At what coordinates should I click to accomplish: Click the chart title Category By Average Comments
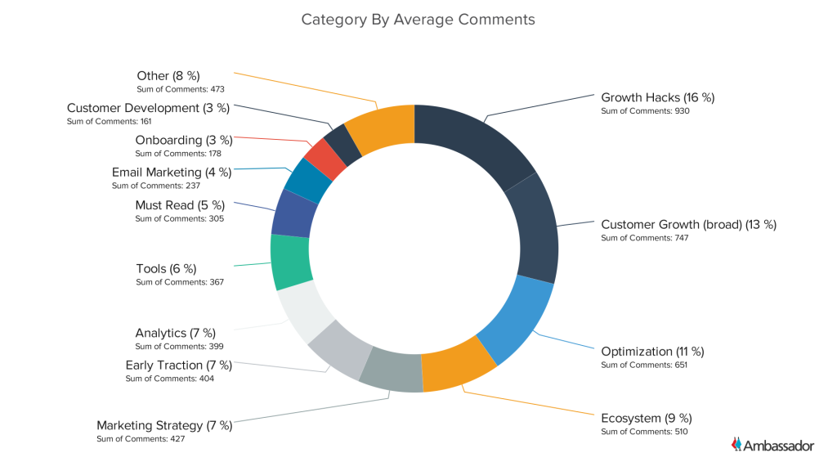pyautogui.click(x=418, y=19)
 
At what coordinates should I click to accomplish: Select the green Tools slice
pyautogui.click(x=290, y=262)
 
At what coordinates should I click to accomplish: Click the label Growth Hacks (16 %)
pyautogui.click(x=657, y=97)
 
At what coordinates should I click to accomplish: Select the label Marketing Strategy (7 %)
pyautogui.click(x=164, y=425)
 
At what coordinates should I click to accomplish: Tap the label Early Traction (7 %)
pyautogui.click(x=178, y=365)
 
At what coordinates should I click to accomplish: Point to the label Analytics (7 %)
pyautogui.click(x=175, y=333)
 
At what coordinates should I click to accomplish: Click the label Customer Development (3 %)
pyautogui.click(x=148, y=108)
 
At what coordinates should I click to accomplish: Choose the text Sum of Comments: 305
pyautogui.click(x=179, y=218)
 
